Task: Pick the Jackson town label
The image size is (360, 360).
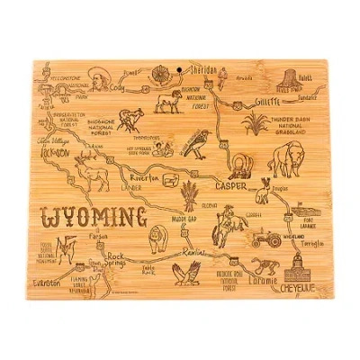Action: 56,152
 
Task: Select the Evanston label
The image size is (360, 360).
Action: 47,282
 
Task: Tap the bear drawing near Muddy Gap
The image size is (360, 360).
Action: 159,238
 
